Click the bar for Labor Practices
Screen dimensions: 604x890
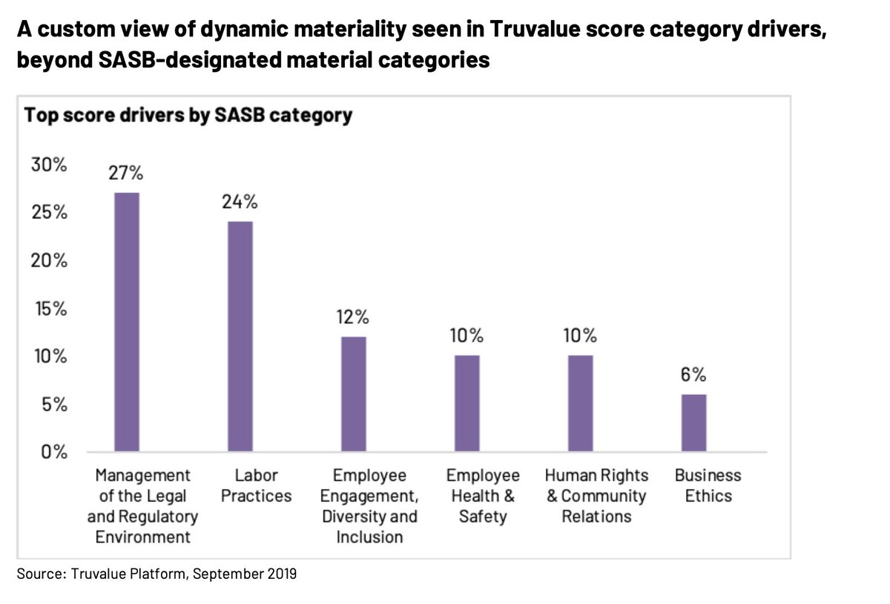[240, 336]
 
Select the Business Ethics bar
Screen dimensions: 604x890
[693, 422]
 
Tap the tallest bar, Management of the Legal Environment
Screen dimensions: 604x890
[126, 321]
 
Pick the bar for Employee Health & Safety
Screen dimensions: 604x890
[467, 403]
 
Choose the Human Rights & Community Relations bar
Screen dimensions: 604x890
[580, 403]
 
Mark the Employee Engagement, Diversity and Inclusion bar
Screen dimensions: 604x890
[353, 393]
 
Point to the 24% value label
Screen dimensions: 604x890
[240, 203]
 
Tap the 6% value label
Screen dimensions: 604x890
[693, 375]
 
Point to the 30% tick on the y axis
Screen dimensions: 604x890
[49, 165]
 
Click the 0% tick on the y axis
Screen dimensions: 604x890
[53, 452]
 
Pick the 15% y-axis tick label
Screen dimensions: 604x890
[49, 309]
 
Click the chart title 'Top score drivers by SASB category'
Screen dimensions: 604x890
[188, 116]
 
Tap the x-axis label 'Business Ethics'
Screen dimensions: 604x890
[708, 485]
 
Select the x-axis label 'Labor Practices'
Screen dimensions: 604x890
[256, 485]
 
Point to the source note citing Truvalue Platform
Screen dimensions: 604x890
[156, 574]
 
